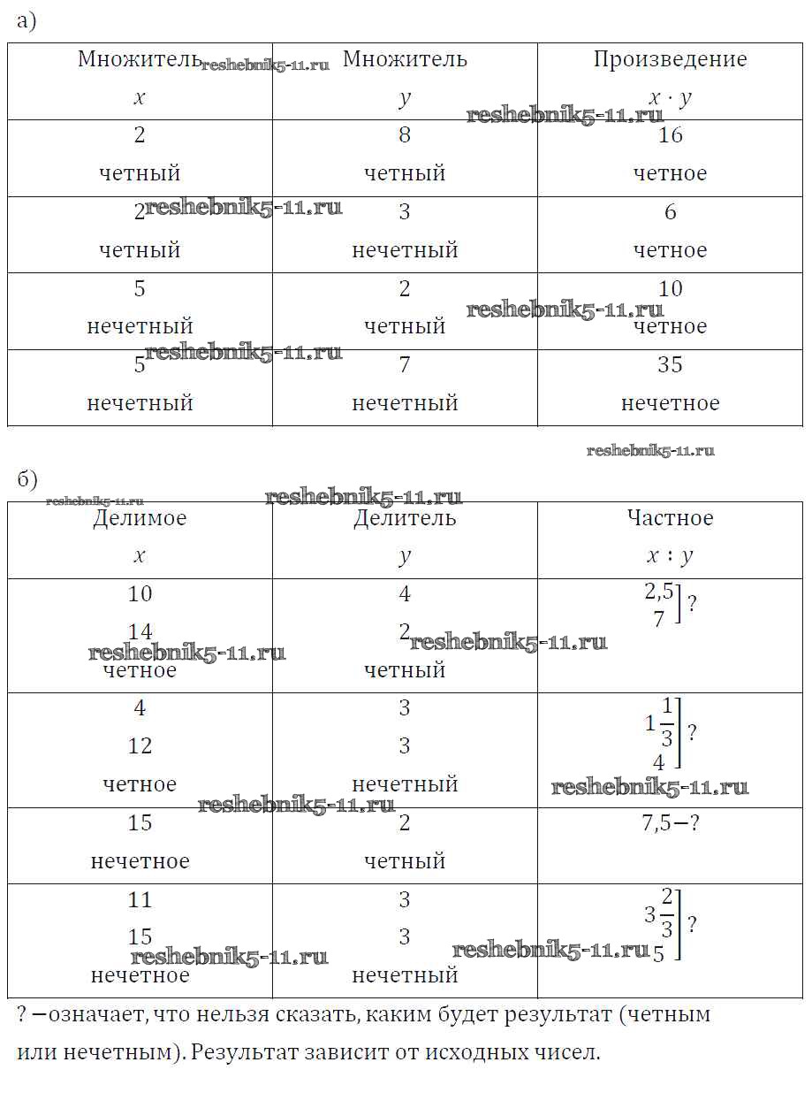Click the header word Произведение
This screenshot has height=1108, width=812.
670,60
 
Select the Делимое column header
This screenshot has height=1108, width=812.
140,518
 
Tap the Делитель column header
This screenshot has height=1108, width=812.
405,518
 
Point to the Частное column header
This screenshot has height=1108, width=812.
670,518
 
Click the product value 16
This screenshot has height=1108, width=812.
671,135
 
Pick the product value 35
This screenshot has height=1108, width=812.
671,365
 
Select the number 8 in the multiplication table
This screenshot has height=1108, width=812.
405,135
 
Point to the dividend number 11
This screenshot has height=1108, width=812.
140,900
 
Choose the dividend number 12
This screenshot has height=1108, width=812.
140,746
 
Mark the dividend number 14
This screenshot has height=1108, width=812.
140,631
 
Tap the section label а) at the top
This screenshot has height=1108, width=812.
26,22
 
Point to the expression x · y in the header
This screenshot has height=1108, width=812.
670,98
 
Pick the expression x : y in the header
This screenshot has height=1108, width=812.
670,556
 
